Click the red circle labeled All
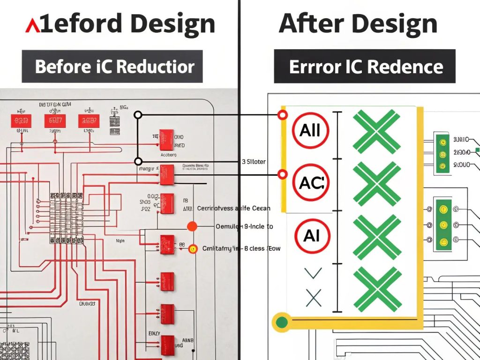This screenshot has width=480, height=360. pos(310,130)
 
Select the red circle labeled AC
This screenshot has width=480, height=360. pos(310,183)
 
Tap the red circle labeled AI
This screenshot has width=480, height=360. pos(311,236)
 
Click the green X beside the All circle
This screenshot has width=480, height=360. pos(376,131)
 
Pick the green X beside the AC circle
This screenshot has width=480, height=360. pos(376,183)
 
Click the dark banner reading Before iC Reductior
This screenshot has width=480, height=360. pos(112,66)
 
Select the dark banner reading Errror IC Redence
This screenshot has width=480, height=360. pos(365,66)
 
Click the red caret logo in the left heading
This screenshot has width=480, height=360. pos(32,26)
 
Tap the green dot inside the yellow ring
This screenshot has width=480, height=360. pos(282,322)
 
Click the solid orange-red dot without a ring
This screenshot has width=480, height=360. pos(192,226)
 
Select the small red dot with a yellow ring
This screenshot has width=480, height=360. pos(192,249)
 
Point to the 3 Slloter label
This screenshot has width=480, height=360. pos(254,162)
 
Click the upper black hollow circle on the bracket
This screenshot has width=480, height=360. pos(138,115)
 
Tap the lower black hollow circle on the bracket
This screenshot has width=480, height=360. pos(138,160)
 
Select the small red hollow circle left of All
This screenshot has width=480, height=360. pos(282,115)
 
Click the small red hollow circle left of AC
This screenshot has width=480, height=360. pos(282,175)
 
